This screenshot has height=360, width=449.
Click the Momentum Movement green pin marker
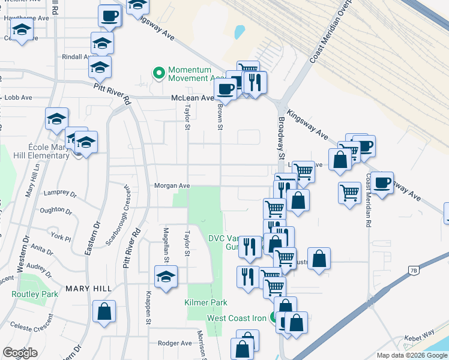pyautogui.click(x=159, y=74)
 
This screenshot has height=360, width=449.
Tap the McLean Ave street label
pyautogui.click(x=192, y=98)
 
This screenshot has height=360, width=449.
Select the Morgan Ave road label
pyautogui.click(x=172, y=186)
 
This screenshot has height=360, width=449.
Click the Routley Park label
pyautogui.click(x=35, y=294)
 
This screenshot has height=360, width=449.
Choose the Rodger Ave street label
pyautogui.click(x=174, y=343)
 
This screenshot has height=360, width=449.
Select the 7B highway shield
pyautogui.click(x=413, y=271)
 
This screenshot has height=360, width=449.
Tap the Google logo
pyautogui.click(x=20, y=353)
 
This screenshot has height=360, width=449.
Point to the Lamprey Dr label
pyautogui.click(x=61, y=194)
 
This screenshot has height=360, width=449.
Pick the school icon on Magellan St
pyautogui.click(x=164, y=278)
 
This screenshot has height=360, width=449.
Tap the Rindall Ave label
pyautogui.click(x=75, y=57)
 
